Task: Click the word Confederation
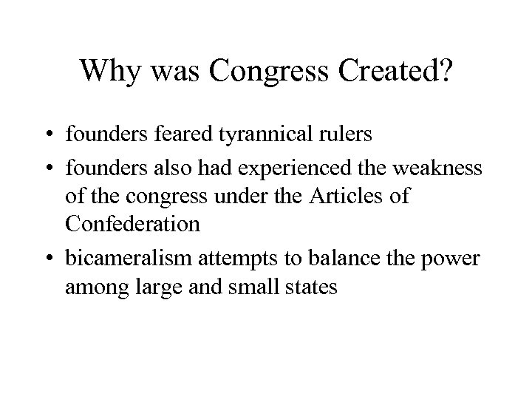(x=133, y=225)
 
